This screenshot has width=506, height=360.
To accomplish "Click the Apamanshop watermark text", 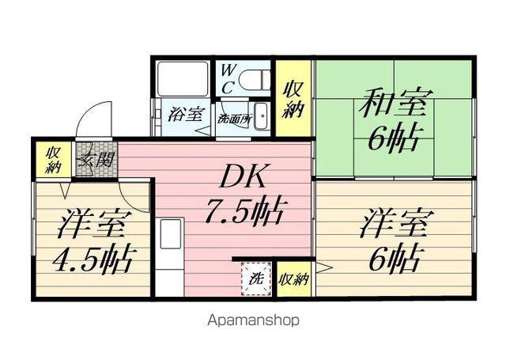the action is [x=253, y=320].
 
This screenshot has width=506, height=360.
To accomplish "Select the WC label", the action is [x=228, y=78].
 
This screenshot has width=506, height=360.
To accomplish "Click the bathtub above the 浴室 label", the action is [x=183, y=78].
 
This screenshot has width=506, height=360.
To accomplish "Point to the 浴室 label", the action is [x=187, y=114].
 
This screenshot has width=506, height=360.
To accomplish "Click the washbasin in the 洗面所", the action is [x=262, y=116].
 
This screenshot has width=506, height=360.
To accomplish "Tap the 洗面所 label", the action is [x=234, y=119].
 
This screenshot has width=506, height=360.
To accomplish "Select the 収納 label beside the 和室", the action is [x=293, y=100].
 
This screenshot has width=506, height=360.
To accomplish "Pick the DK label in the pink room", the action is [x=243, y=176].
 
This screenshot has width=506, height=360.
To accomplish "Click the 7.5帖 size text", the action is [x=245, y=210].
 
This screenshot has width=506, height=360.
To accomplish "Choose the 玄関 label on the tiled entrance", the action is [x=96, y=160].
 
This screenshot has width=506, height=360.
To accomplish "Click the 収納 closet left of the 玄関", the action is [x=53, y=160].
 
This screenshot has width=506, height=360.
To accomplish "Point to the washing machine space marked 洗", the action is [x=257, y=279].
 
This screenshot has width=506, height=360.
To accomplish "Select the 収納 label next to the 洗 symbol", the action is [x=294, y=279].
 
